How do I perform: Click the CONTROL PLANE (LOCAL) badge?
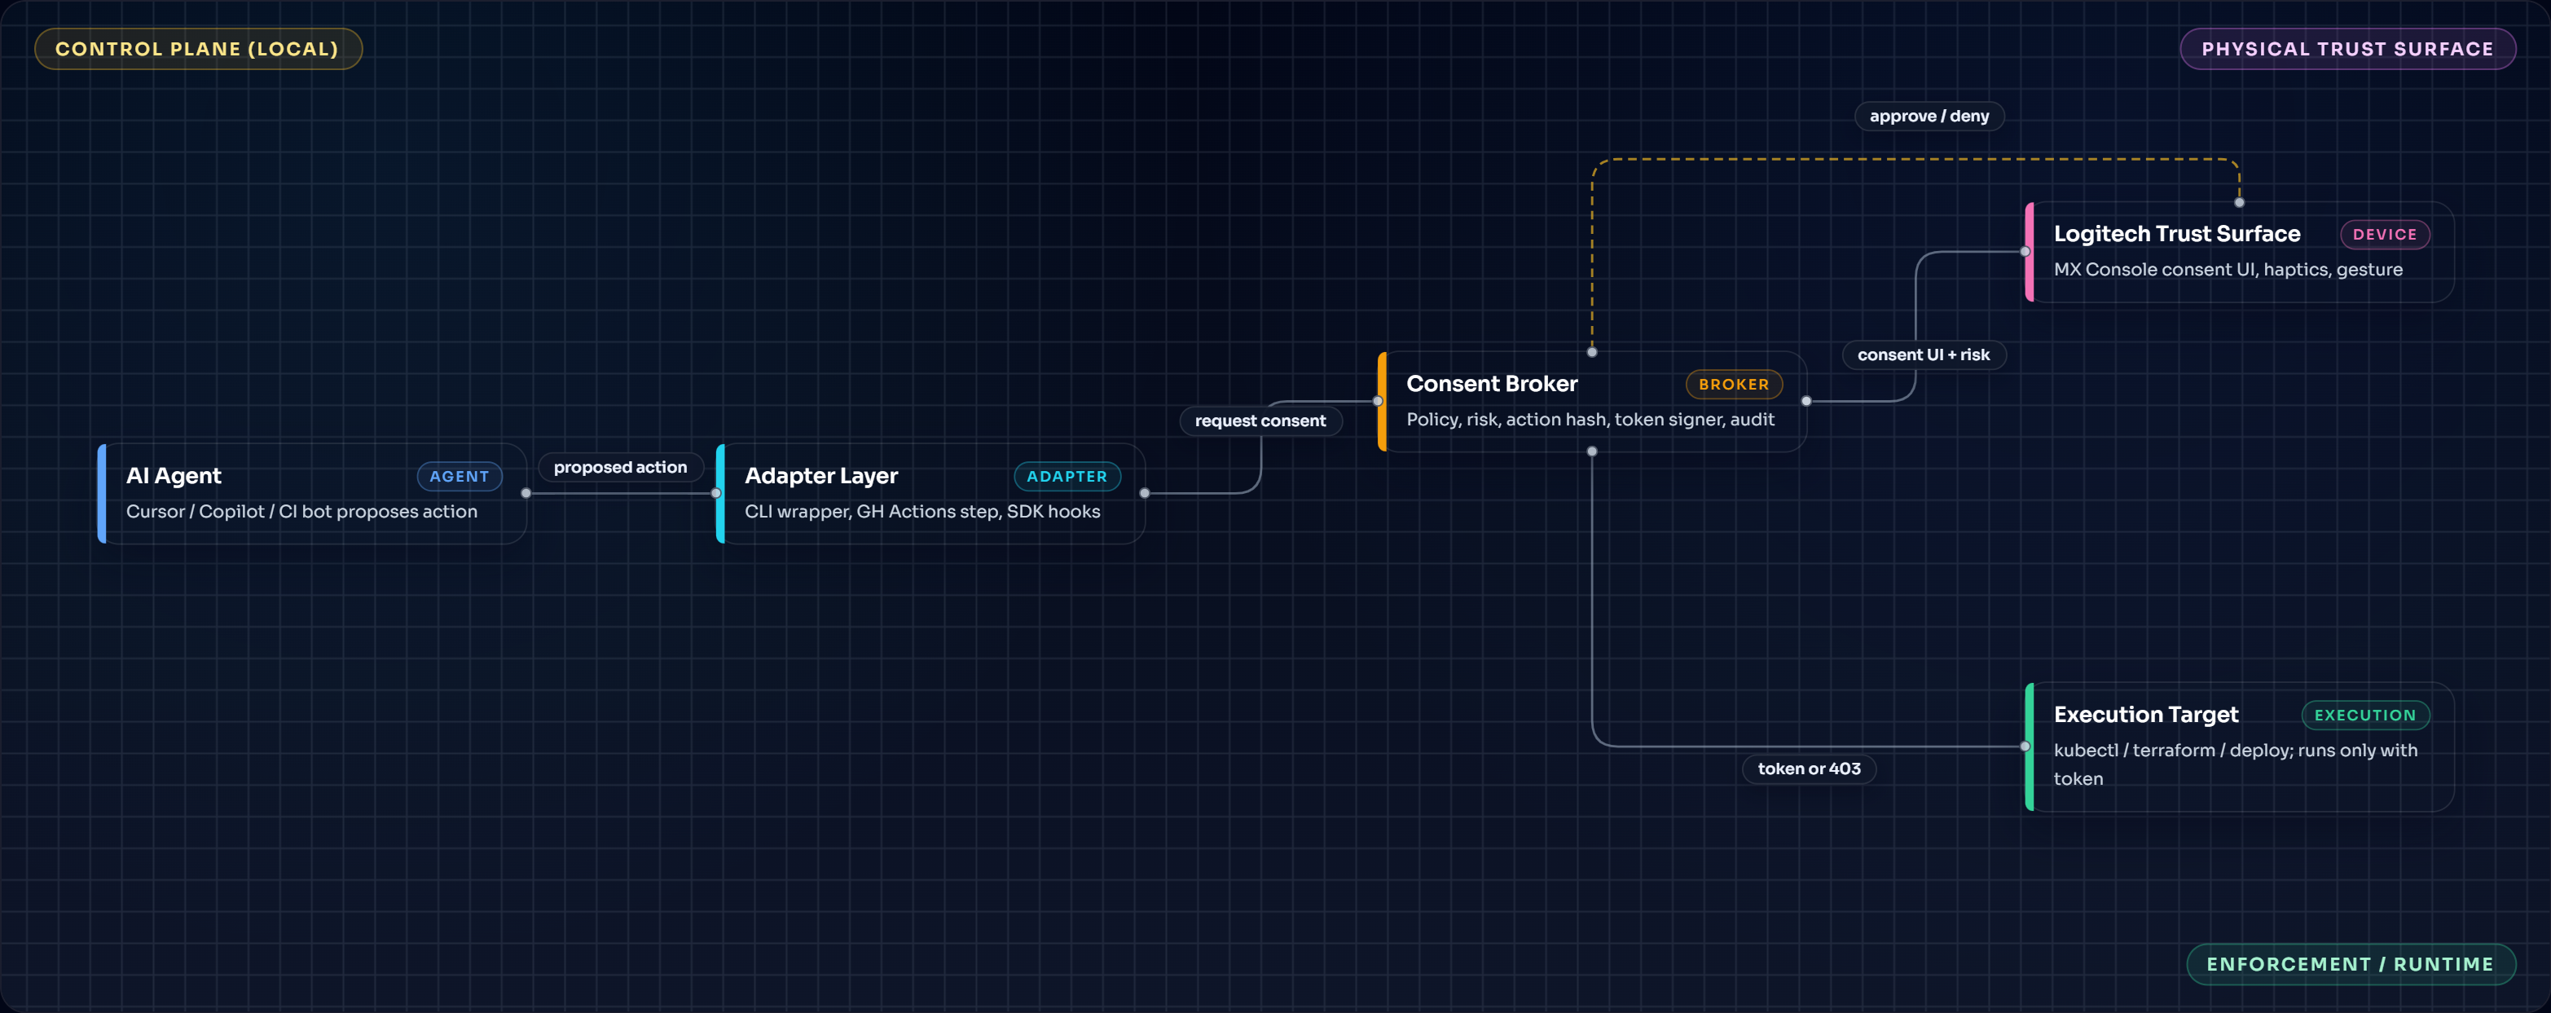pyautogui.click(x=197, y=50)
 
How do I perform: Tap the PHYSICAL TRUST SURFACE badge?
pyautogui.click(x=2347, y=50)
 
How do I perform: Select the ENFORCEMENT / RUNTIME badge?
pyautogui.click(x=2350, y=964)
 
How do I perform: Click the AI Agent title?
pyautogui.click(x=174, y=476)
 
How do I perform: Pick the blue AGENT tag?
pyautogui.click(x=460, y=476)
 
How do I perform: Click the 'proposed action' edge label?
pyautogui.click(x=620, y=468)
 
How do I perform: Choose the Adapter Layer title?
pyautogui.click(x=821, y=476)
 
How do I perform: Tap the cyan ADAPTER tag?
pyautogui.click(x=1067, y=476)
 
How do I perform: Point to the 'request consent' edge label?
pyautogui.click(x=1260, y=421)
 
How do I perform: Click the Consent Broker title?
pyautogui.click(x=1491, y=384)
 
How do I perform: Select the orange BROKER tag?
pyautogui.click(x=1733, y=384)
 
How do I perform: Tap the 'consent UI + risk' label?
pyautogui.click(x=1923, y=355)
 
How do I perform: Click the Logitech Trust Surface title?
pyautogui.click(x=2177, y=234)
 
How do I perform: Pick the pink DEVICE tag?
pyautogui.click(x=2385, y=235)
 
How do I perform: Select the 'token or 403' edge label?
pyautogui.click(x=1808, y=769)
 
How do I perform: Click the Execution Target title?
pyautogui.click(x=2145, y=715)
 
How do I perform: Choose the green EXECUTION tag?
pyautogui.click(x=2364, y=715)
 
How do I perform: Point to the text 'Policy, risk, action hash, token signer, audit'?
pyautogui.click(x=1590, y=420)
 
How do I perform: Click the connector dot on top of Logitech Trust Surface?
pyautogui.click(x=2239, y=202)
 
